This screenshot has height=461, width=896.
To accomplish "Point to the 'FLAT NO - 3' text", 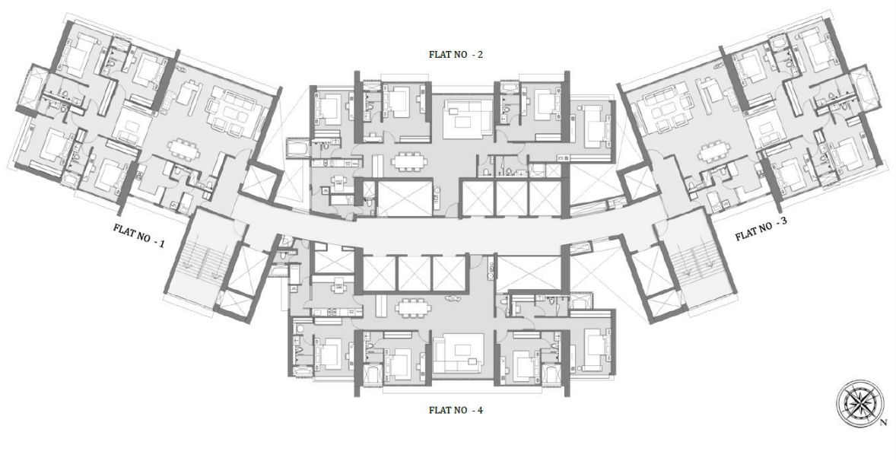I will point(761,231).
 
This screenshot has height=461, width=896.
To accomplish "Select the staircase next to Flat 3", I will point(691,259).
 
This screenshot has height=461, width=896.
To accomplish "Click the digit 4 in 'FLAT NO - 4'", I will point(480,410).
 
